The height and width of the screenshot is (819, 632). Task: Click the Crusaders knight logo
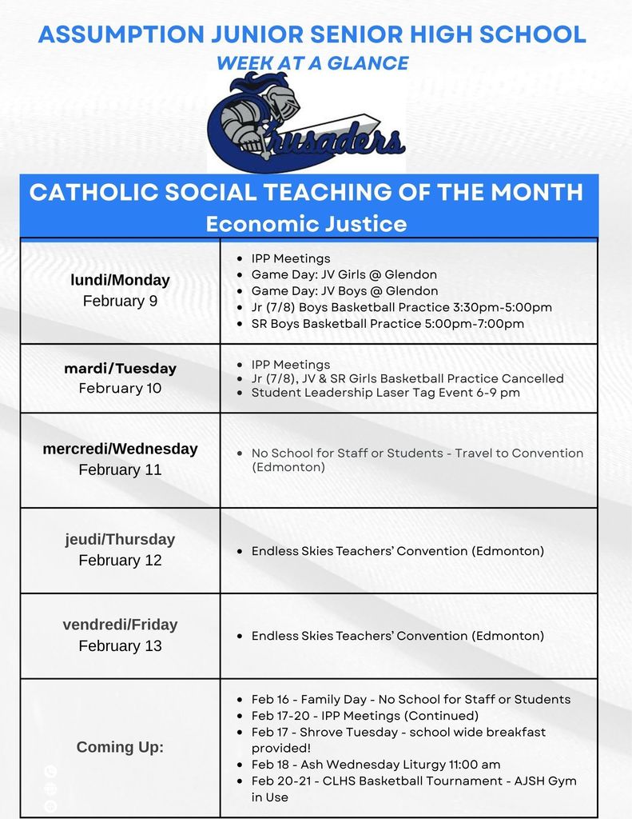[x=306, y=124]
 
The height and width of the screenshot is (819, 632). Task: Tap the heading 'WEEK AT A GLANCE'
[x=312, y=63]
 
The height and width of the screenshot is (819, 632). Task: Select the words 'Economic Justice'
[x=306, y=223]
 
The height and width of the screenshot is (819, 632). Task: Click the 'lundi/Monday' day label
[x=120, y=280]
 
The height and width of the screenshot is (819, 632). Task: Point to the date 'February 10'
[x=120, y=389]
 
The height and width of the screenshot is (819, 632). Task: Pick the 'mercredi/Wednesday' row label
[x=120, y=449]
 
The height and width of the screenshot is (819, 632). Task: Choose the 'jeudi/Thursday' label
[x=120, y=539]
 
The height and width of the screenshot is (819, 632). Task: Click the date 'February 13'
[x=120, y=645]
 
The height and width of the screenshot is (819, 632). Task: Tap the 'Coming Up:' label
[x=120, y=747]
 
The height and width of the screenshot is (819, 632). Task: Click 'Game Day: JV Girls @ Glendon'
[x=344, y=274]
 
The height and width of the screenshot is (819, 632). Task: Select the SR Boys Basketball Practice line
[x=388, y=324]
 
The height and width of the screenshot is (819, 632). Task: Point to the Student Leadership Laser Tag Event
[x=385, y=393]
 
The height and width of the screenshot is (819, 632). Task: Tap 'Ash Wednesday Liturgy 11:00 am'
[x=376, y=764]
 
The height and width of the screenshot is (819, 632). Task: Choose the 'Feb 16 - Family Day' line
[x=411, y=699]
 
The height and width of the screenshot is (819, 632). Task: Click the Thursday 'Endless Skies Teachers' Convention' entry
[x=397, y=551]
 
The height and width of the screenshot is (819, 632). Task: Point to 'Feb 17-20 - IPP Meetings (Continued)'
[x=364, y=715]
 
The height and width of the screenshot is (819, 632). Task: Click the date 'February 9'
[x=120, y=302]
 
